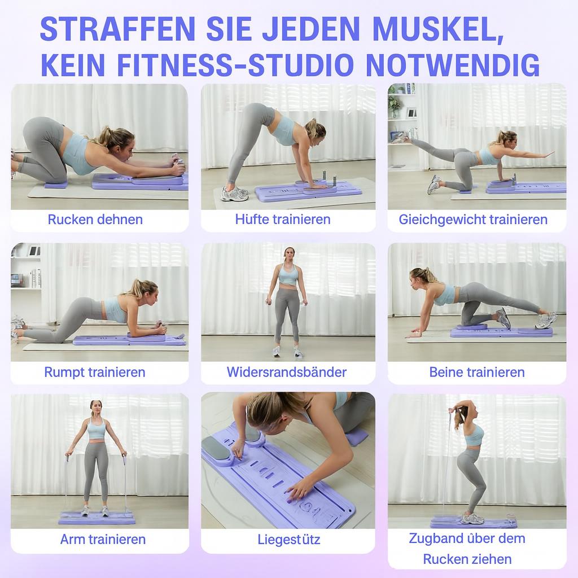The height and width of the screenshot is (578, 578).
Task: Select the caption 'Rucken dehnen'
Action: coord(95,220)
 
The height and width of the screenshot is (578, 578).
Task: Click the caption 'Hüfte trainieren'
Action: coord(283,220)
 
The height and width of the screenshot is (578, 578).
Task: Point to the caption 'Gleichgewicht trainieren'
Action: coord(473,220)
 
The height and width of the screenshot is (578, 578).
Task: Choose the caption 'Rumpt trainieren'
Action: coord(95,372)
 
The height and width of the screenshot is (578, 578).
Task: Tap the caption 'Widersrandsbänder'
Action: coord(287,372)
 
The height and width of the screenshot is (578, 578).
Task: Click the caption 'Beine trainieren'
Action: coord(477,372)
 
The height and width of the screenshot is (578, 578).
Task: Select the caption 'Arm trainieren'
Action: coord(103,539)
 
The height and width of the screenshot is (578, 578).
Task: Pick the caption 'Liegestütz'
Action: coord(288,539)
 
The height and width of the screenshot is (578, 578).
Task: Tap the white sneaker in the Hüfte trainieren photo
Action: coord(234,194)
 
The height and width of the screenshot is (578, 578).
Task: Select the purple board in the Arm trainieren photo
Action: coord(96,516)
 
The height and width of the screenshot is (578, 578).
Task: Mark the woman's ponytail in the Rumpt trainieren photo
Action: coord(137,287)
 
